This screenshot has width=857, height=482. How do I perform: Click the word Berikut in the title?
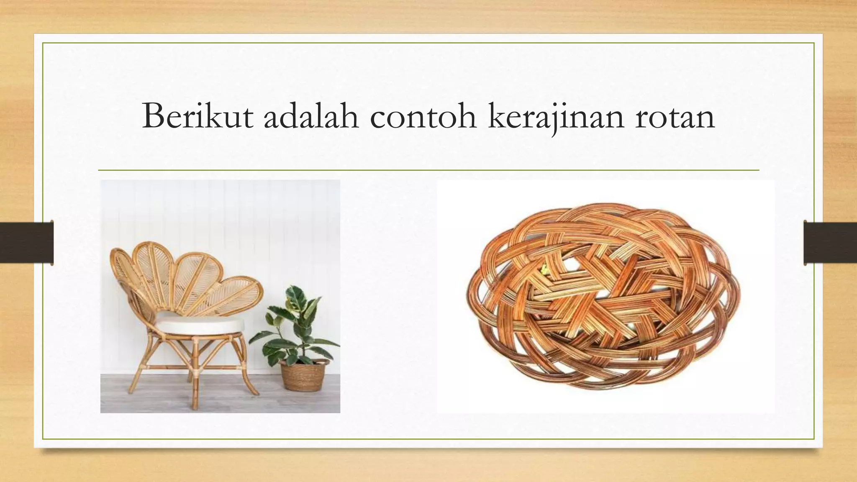197,115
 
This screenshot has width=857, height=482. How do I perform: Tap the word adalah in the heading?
311,115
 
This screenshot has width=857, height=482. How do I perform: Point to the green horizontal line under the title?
428,170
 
